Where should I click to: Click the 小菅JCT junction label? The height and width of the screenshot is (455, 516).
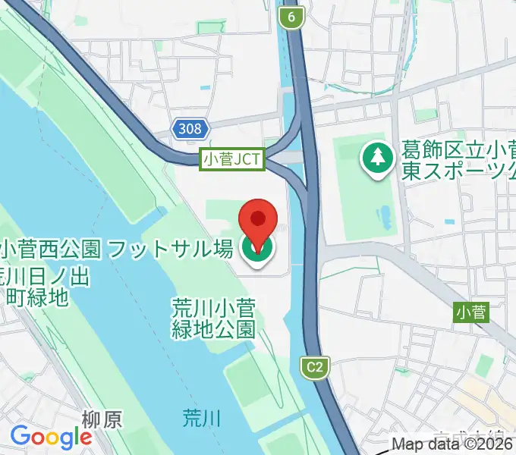(x=231, y=159)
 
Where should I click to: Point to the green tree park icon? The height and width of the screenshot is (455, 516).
(x=376, y=158)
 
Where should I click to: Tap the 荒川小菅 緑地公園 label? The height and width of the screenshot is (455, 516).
(x=212, y=318)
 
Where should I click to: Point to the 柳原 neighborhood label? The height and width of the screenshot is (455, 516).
(x=101, y=419)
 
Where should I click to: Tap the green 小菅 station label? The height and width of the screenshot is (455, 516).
(x=472, y=311)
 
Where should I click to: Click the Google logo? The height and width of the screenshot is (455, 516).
(x=50, y=437)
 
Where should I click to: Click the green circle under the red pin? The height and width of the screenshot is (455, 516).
(x=257, y=251)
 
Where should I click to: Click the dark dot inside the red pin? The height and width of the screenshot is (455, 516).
(x=258, y=218)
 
